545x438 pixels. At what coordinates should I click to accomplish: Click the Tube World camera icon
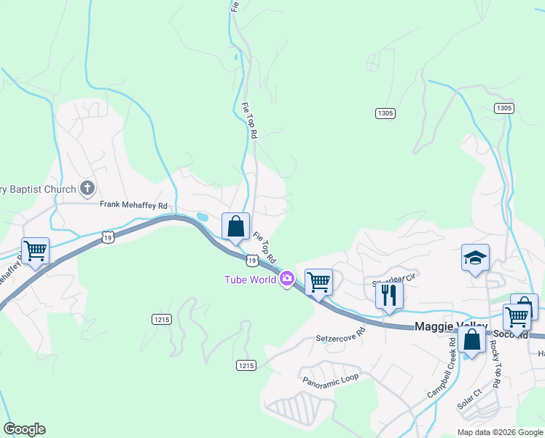coord(287,278)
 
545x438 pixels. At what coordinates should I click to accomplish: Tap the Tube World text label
coord(250,279)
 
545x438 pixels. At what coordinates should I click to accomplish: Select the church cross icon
coord(87,189)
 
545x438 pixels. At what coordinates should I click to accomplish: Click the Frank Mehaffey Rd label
coord(134,205)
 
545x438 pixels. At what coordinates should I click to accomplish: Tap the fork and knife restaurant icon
coord(388,294)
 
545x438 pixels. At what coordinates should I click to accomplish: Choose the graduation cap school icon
coord(474,257)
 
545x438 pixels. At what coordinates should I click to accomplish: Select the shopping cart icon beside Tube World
coord(318,280)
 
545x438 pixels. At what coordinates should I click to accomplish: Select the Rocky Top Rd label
coord(495,365)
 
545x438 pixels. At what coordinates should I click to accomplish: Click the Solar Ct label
coord(470,398)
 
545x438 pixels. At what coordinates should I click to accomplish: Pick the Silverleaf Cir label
coord(393,278)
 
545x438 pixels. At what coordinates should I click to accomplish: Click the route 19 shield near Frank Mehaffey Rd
coord(108,237)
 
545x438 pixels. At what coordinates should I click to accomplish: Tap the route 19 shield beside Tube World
coord(251,260)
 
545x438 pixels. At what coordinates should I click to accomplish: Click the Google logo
coord(24,429)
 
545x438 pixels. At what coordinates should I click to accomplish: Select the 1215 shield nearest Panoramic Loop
coord(246,365)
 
